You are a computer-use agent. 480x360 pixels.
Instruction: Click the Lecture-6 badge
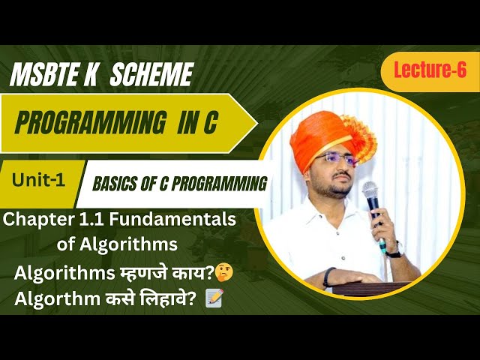point(424,71)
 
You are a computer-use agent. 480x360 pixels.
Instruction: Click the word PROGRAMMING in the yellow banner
point(86,123)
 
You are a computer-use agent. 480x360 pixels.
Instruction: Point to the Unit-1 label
point(38,180)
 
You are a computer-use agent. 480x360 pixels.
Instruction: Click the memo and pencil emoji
point(214,298)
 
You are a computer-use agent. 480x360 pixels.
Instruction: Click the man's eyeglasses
point(334,160)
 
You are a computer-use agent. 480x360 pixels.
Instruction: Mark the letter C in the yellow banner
point(207,123)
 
